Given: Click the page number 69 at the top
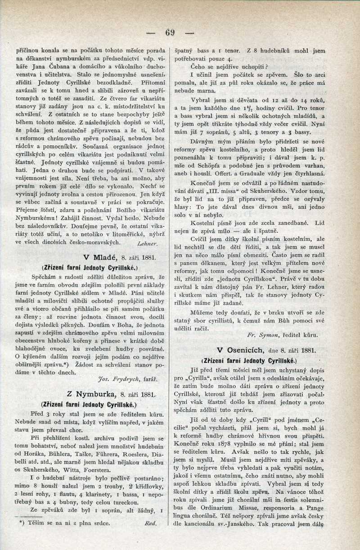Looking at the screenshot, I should click(170, 32).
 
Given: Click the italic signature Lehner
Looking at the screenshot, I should click(146, 243).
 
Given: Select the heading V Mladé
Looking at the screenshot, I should click(100, 257).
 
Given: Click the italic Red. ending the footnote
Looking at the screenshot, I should click(150, 523).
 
